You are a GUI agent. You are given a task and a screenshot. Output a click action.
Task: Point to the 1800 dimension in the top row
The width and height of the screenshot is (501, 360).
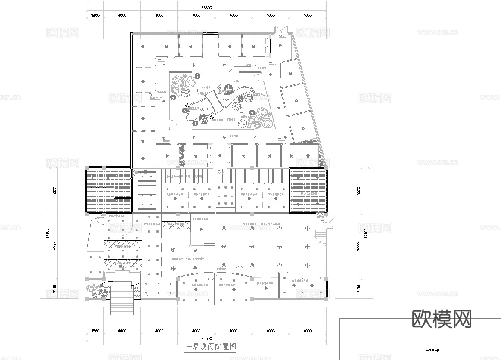click(95, 16)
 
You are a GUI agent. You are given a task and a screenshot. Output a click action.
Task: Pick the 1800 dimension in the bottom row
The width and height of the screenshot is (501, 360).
click(95, 331)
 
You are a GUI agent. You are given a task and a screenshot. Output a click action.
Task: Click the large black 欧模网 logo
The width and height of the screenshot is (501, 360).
click(442, 319)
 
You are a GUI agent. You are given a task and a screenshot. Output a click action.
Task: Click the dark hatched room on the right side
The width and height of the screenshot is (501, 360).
click(308, 190)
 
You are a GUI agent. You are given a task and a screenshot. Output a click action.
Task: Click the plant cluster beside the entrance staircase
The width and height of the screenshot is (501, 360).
click(98, 292)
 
